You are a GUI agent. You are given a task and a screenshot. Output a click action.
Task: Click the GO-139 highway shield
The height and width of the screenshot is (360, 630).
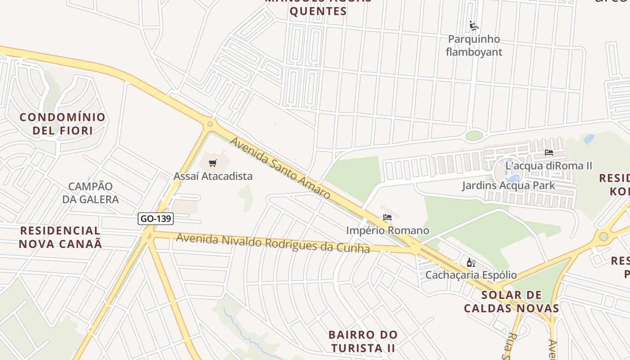(x=155, y=219)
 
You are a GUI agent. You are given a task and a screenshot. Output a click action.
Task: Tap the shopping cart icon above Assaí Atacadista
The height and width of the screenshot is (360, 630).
(x=213, y=163)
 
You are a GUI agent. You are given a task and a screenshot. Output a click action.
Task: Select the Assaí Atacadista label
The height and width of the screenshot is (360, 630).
(x=213, y=176)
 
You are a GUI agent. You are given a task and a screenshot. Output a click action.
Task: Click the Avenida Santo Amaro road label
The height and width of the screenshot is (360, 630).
(x=280, y=168)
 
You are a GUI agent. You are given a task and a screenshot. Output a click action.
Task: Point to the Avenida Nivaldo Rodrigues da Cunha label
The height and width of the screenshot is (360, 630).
(x=273, y=243)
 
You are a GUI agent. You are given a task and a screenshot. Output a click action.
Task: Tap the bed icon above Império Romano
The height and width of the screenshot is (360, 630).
(x=387, y=218)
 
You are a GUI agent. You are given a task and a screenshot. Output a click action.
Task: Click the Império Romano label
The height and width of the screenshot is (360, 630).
(x=387, y=230)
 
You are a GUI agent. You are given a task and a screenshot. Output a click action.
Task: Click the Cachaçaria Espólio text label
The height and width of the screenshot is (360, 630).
(x=471, y=274)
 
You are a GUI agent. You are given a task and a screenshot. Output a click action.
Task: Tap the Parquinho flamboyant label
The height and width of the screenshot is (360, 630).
(x=474, y=45)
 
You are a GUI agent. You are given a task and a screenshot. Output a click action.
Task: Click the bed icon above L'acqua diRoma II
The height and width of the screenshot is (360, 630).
(x=549, y=153)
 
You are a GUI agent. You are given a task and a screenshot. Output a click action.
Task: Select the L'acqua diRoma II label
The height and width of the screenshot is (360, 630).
(x=549, y=166)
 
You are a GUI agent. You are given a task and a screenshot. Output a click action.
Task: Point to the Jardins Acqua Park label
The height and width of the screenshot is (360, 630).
(x=508, y=185)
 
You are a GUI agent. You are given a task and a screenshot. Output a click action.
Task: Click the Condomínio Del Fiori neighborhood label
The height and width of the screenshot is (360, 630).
(x=63, y=124)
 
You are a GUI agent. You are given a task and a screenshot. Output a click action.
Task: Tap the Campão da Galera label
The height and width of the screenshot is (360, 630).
(x=90, y=193)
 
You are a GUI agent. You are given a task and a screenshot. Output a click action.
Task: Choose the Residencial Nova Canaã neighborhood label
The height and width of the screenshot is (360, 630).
(x=60, y=237)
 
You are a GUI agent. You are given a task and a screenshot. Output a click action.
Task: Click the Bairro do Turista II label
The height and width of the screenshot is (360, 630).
(x=363, y=341)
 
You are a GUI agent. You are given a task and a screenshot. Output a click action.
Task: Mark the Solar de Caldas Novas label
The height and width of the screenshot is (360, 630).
(x=511, y=301)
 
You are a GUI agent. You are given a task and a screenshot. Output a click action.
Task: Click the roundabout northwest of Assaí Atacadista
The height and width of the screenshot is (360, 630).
(x=210, y=124)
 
